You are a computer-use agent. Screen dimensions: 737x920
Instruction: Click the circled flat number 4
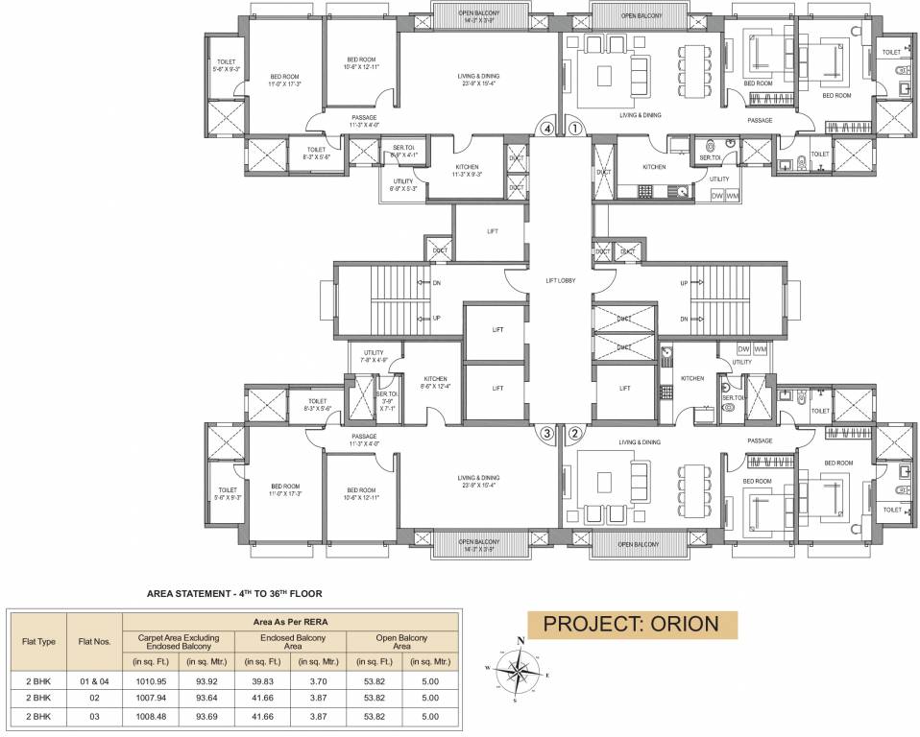[547, 127]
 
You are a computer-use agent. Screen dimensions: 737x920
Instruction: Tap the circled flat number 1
[574, 127]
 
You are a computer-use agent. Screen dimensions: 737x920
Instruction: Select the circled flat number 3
[547, 433]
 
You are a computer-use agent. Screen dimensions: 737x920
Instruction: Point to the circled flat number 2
[574, 433]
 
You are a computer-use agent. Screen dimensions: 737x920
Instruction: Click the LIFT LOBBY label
[560, 279]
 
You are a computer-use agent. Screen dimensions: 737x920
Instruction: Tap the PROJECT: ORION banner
[631, 624]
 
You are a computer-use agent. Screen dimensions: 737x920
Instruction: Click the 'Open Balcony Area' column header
[400, 642]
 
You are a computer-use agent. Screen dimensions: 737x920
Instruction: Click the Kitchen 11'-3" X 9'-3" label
[467, 170]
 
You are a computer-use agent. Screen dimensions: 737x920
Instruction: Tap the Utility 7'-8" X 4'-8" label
[368, 356]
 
